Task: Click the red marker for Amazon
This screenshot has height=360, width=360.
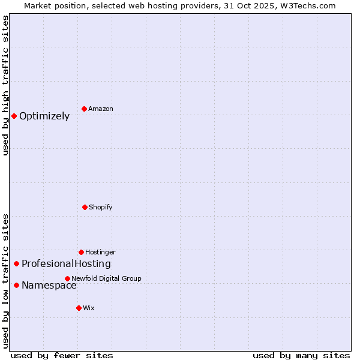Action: (x=85, y=109)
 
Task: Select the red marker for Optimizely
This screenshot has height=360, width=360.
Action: (x=14, y=116)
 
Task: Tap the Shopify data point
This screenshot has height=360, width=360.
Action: (x=85, y=207)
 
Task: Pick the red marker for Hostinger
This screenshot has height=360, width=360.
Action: (x=81, y=252)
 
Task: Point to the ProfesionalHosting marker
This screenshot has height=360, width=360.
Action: (x=16, y=263)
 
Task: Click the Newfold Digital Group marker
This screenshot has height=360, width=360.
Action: (x=67, y=278)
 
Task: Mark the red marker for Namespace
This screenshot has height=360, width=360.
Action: (x=16, y=285)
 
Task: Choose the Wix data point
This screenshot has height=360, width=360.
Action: (x=79, y=308)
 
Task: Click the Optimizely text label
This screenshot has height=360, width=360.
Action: (x=44, y=116)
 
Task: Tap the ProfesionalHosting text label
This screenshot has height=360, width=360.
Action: (x=66, y=264)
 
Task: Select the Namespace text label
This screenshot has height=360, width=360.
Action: (x=49, y=286)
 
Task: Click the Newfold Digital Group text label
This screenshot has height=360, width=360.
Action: (x=106, y=278)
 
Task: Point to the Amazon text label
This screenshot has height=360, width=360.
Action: (x=101, y=109)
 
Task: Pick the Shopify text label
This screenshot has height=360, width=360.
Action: (x=101, y=208)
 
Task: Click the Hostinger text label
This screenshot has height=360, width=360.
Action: (x=100, y=253)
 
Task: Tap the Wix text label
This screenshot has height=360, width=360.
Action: (x=89, y=308)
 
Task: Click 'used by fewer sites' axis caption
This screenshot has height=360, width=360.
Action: (x=62, y=355)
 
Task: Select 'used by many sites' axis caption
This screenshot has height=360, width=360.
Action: (x=301, y=355)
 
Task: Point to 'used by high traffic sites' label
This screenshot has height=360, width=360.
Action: (x=5, y=85)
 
